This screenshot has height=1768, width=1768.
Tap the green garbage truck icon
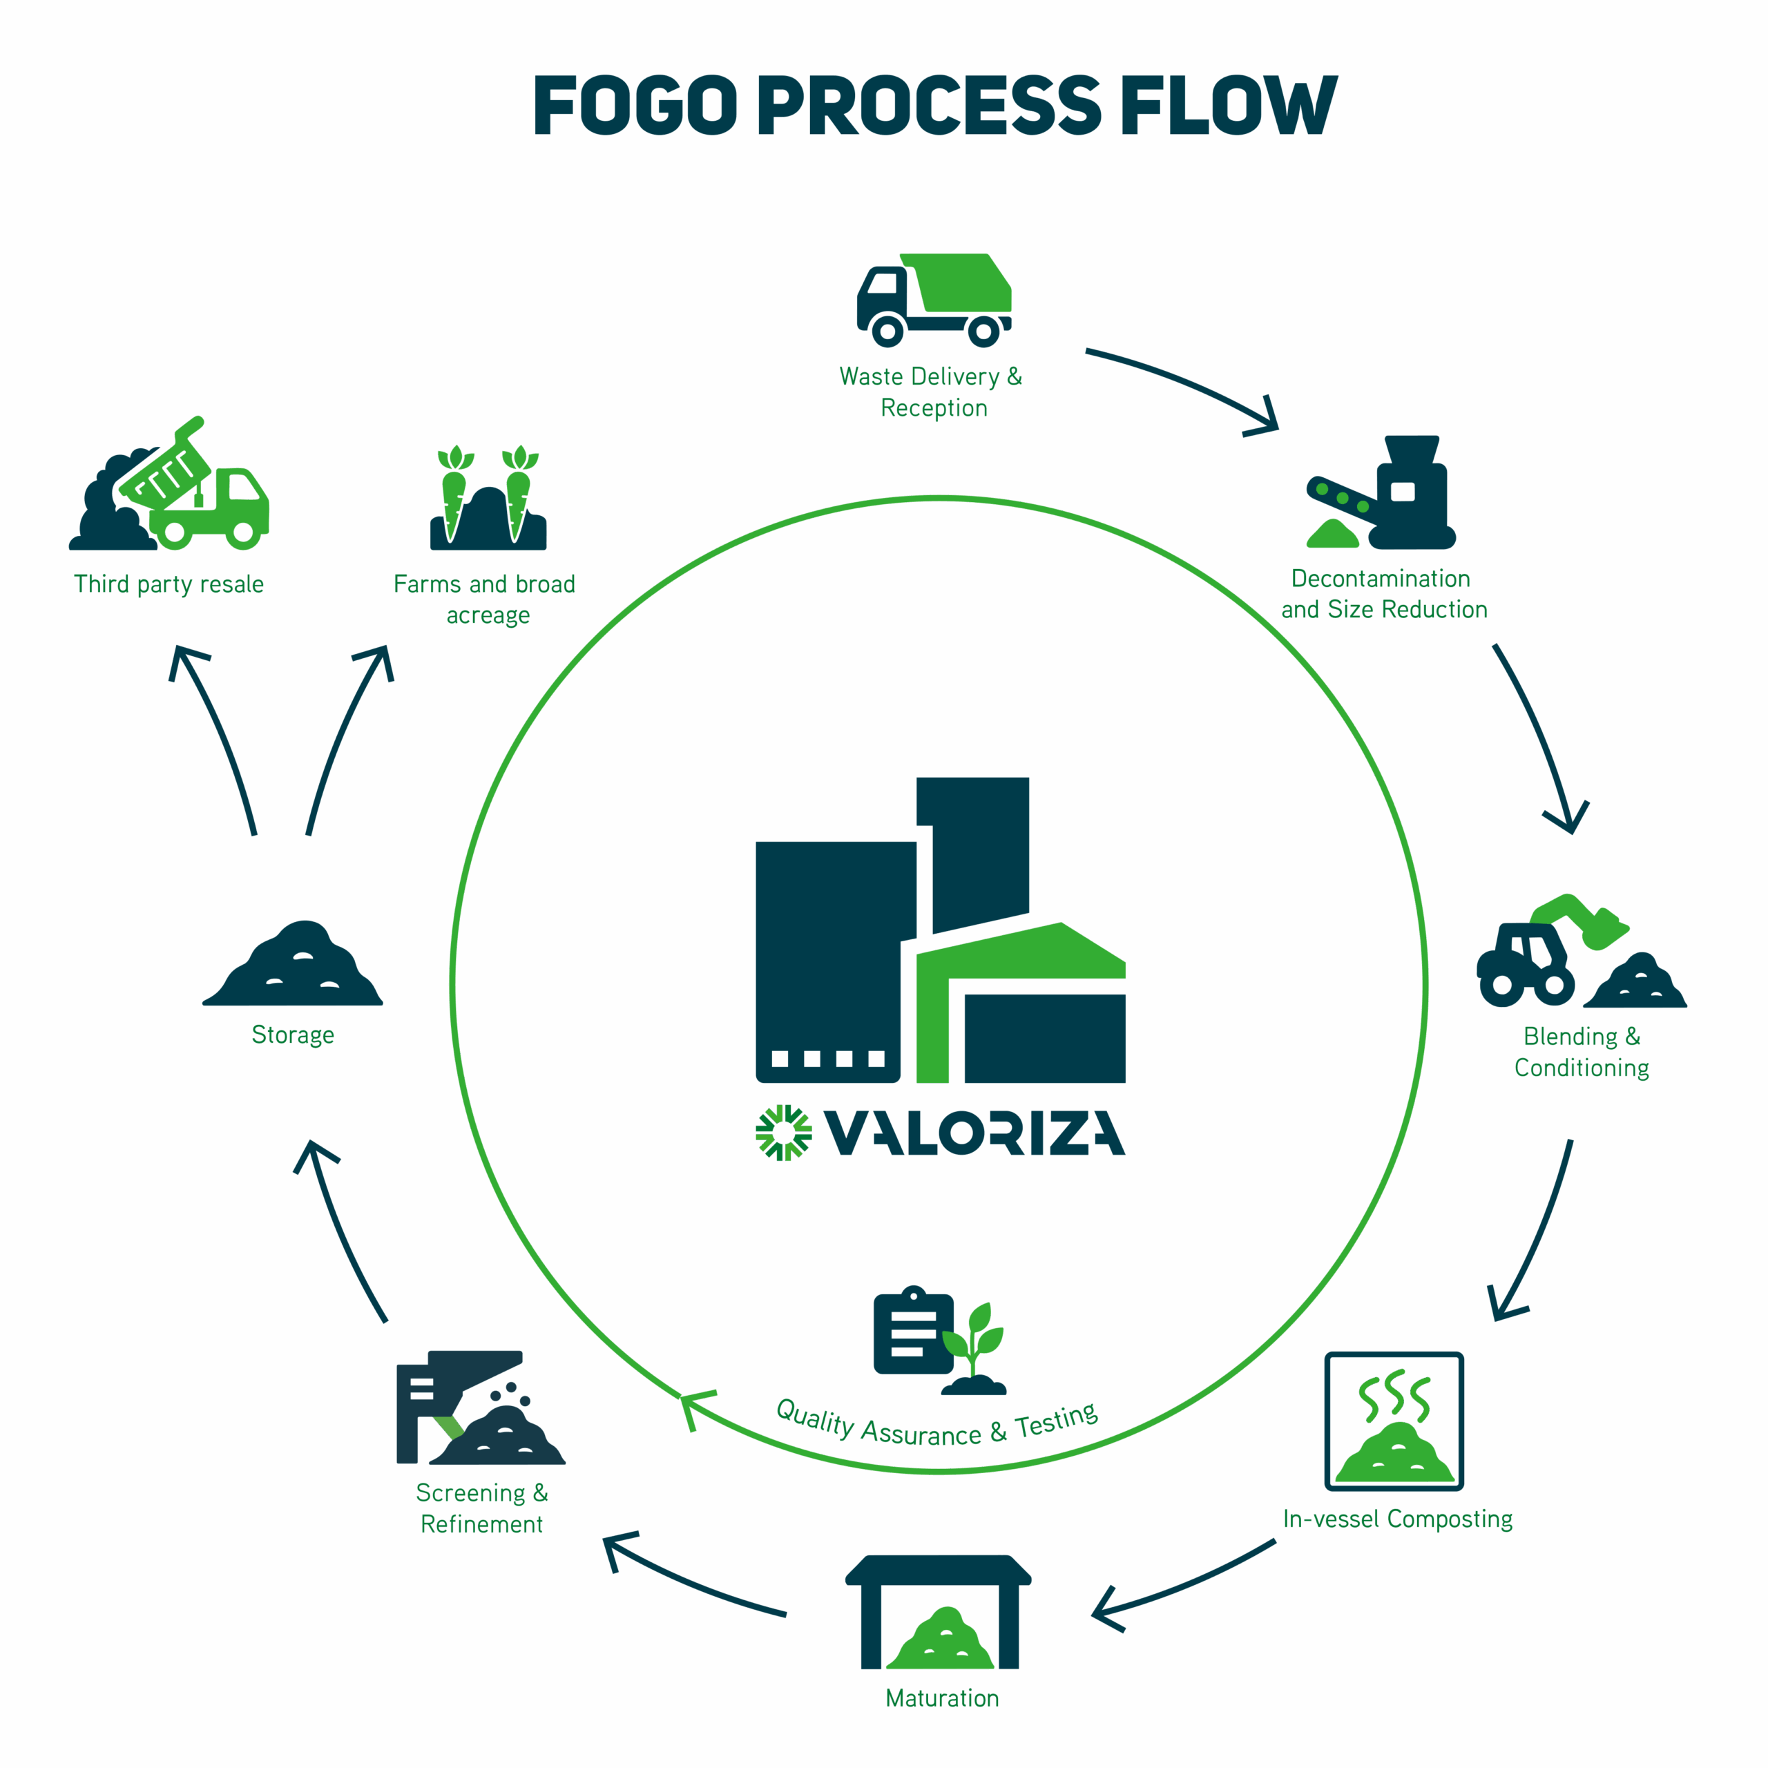934,300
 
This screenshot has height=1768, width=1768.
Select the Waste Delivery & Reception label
931,391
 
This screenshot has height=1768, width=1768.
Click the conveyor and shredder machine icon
1381,494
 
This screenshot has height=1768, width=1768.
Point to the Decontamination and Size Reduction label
1383,594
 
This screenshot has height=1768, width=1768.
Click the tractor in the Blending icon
1523,966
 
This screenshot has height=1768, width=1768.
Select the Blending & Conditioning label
1582,1051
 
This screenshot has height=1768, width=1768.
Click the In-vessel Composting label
1396,1519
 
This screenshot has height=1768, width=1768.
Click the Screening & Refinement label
481,1508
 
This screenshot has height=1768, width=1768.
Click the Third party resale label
170,584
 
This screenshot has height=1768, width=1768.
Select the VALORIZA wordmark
974,1133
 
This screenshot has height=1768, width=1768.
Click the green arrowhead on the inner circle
695,1405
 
